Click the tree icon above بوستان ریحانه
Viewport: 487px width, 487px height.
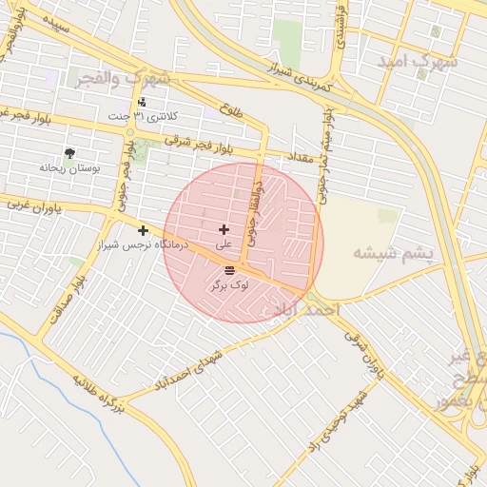coord(69,152)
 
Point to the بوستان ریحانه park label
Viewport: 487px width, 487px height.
coord(68,167)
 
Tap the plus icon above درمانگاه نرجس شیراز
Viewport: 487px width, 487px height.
coord(143,230)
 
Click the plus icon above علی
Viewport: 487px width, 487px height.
coord(224,229)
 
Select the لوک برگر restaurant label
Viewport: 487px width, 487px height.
coord(228,284)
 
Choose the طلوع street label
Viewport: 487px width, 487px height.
coord(231,111)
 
